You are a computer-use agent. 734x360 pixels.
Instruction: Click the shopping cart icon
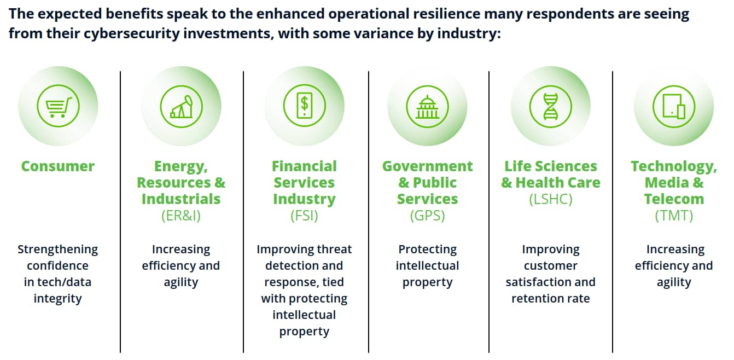coord(59,106)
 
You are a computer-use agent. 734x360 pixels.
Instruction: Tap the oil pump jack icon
coord(181,107)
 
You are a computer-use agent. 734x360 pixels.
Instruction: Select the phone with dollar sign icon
coord(305,106)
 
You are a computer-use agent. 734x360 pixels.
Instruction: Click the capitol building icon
coord(427,107)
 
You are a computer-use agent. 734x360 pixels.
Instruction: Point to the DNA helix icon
coord(550,107)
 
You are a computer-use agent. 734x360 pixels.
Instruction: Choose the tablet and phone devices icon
coord(674,107)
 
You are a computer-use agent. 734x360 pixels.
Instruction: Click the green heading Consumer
coord(58,166)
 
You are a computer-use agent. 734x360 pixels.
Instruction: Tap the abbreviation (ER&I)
coord(181,216)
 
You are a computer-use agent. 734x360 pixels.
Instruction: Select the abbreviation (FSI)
coord(304,216)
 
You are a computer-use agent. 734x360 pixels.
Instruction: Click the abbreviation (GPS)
coord(427,216)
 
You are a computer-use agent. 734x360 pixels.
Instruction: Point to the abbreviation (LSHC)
coord(550,199)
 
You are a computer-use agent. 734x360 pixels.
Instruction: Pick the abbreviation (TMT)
coord(674,216)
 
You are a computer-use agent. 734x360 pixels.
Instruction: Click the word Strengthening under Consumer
coord(57,250)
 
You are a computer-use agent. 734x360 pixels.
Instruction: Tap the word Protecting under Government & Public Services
coord(427,250)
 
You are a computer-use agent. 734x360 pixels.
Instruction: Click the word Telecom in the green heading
coord(674,199)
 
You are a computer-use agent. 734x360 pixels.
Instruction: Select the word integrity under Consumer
coord(57,299)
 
